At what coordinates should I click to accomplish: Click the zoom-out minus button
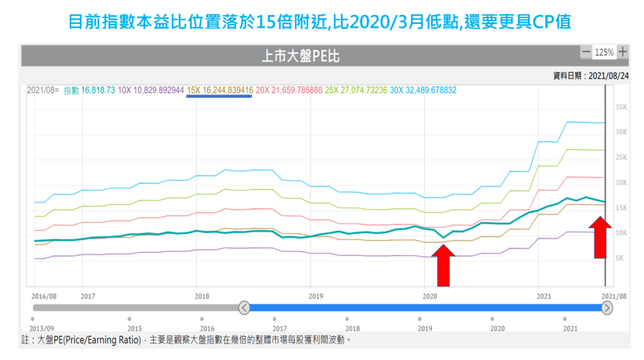(586, 52)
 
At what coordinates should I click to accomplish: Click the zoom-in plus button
(623, 52)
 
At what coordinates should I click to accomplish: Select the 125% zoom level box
(604, 52)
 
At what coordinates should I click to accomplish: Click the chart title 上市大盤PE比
(300, 57)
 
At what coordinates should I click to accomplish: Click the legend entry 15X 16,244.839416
(220, 90)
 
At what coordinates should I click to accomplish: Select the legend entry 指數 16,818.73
(89, 90)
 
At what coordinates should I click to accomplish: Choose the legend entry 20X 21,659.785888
(290, 90)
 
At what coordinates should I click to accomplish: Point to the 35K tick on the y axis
(621, 107)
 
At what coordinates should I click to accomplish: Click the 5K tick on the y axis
(619, 258)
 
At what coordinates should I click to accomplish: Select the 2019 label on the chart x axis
(316, 296)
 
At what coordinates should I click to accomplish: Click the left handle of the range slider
(244, 308)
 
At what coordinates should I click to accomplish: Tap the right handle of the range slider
(607, 308)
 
